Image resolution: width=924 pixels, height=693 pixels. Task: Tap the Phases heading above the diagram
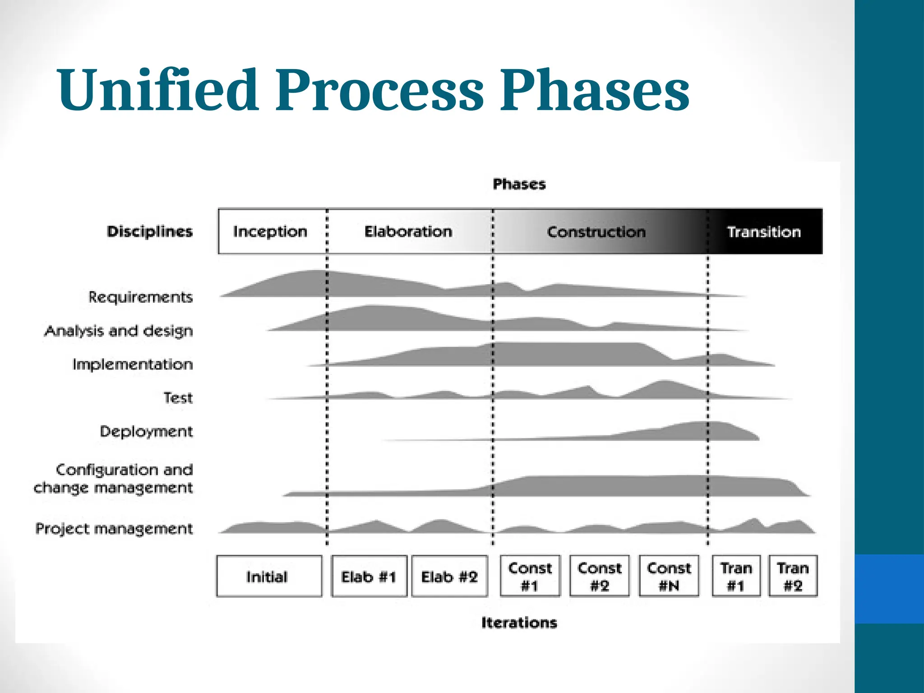(x=519, y=184)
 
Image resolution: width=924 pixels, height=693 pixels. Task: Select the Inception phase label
(x=270, y=231)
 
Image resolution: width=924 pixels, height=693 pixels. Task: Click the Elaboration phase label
(x=408, y=231)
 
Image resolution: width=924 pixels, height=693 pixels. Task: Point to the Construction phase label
(x=596, y=232)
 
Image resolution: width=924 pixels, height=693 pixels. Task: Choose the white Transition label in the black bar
(x=764, y=232)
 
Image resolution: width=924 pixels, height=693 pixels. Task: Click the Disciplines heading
(x=149, y=231)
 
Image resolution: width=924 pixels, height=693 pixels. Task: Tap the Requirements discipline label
(x=140, y=297)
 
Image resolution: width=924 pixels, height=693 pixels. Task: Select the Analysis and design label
(x=118, y=331)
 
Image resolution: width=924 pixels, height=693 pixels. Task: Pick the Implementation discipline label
(x=132, y=364)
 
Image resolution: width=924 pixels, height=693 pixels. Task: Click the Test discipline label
(x=178, y=398)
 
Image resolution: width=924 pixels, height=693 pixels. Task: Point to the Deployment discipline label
(x=146, y=431)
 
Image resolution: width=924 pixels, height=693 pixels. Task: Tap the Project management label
(x=114, y=528)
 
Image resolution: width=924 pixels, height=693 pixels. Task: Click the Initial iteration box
(x=269, y=576)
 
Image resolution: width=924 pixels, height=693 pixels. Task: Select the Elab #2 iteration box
(x=449, y=576)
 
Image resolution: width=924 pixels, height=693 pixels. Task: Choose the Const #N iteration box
(x=669, y=576)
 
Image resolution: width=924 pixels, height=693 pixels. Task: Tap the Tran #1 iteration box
(x=736, y=576)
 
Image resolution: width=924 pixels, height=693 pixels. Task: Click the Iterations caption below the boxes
(x=519, y=623)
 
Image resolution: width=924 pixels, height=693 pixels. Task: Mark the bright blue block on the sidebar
(x=889, y=589)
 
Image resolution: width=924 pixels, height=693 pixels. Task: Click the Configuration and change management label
(x=114, y=479)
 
